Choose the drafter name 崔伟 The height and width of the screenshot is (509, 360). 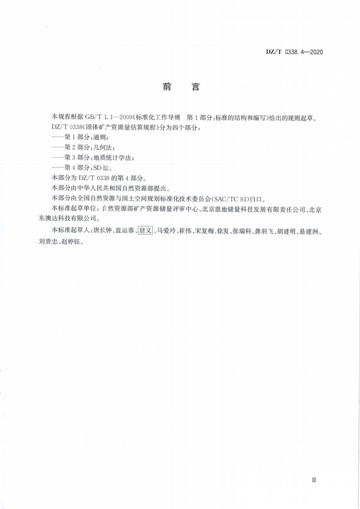[186, 231]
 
